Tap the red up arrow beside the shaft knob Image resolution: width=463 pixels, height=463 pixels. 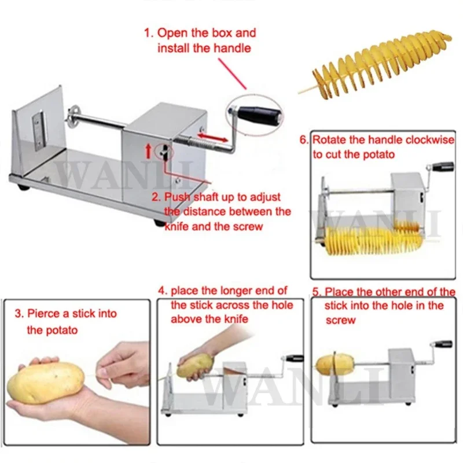pos(149,151)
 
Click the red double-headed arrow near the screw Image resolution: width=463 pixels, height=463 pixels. pos(212,137)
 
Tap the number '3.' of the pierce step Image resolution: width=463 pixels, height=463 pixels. pos(19,314)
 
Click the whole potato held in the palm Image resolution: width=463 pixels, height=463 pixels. pos(46,382)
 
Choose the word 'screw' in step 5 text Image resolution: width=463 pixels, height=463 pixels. pos(340,321)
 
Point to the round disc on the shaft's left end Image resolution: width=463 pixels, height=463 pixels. pos(72,117)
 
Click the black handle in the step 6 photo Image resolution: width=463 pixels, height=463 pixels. pos(443,167)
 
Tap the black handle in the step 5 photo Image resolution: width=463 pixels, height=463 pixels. pos(442,344)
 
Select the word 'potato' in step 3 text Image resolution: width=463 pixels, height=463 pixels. pos(61,330)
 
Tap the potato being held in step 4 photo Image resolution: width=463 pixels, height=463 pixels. pos(195,366)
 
